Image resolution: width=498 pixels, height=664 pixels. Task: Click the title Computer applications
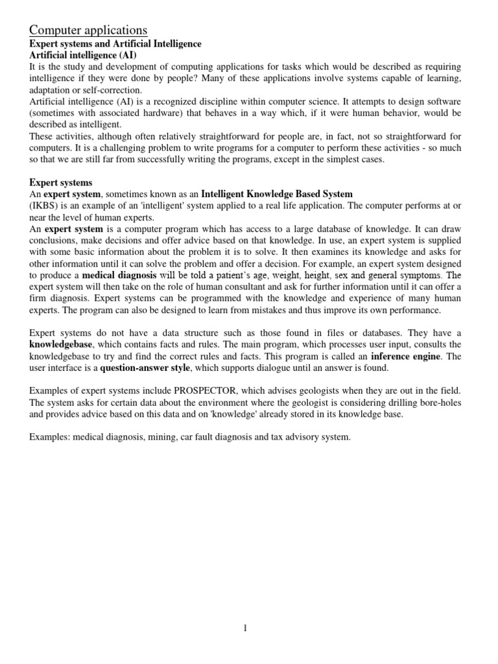tap(88, 30)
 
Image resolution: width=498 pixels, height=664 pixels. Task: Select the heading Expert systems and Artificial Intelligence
tap(115, 43)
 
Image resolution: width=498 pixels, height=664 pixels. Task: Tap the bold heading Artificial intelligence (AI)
tap(83, 55)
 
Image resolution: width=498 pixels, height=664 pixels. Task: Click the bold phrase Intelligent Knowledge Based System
tap(277, 194)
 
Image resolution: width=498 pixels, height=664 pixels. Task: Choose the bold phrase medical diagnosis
tap(119, 275)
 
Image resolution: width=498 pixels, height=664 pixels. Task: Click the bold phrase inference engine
tap(405, 357)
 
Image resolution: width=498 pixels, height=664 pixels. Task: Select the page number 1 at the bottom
tap(246, 628)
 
